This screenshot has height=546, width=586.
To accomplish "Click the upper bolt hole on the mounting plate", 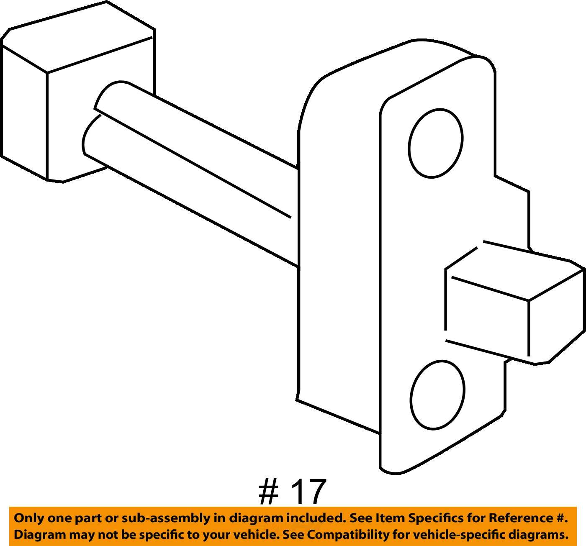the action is tap(435, 143).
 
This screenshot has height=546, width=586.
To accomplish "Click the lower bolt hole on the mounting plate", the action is tap(437, 395).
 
